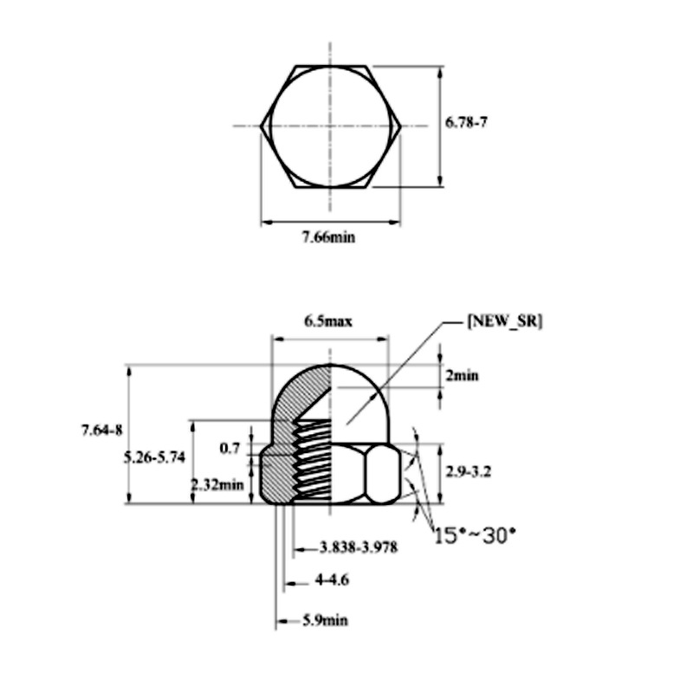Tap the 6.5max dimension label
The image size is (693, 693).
pyautogui.click(x=327, y=321)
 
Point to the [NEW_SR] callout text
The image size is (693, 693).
pyautogui.click(x=504, y=321)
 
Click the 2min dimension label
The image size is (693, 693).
pyautogui.click(x=462, y=376)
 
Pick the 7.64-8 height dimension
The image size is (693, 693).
pyautogui.click(x=101, y=430)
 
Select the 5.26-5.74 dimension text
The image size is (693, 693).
pyautogui.click(x=153, y=458)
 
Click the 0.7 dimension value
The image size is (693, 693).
pyautogui.click(x=230, y=448)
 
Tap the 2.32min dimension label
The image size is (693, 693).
pyautogui.click(x=217, y=485)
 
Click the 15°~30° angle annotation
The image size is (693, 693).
pyautogui.click(x=474, y=535)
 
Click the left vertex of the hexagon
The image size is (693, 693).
pyautogui.click(x=262, y=126)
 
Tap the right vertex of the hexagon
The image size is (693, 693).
pyautogui.click(x=400, y=126)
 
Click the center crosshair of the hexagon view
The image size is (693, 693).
pyautogui.click(x=329, y=126)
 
